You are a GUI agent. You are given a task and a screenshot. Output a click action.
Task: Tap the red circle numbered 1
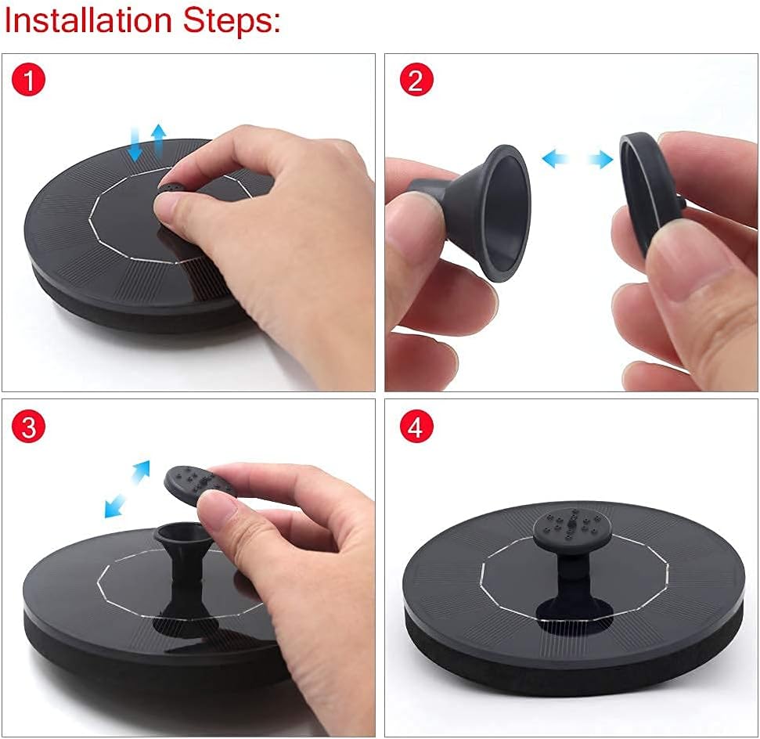tap(29, 80)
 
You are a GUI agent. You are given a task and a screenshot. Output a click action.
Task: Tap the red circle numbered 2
tap(416, 80)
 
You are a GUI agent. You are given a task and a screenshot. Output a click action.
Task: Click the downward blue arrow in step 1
tap(135, 145)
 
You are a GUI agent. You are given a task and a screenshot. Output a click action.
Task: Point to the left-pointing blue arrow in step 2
tap(555, 158)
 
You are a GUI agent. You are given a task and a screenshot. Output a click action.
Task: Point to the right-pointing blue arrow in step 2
tap(600, 159)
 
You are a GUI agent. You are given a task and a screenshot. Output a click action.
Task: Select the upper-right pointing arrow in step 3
tap(141, 471)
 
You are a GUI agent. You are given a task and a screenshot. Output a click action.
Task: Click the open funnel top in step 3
tap(180, 532)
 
